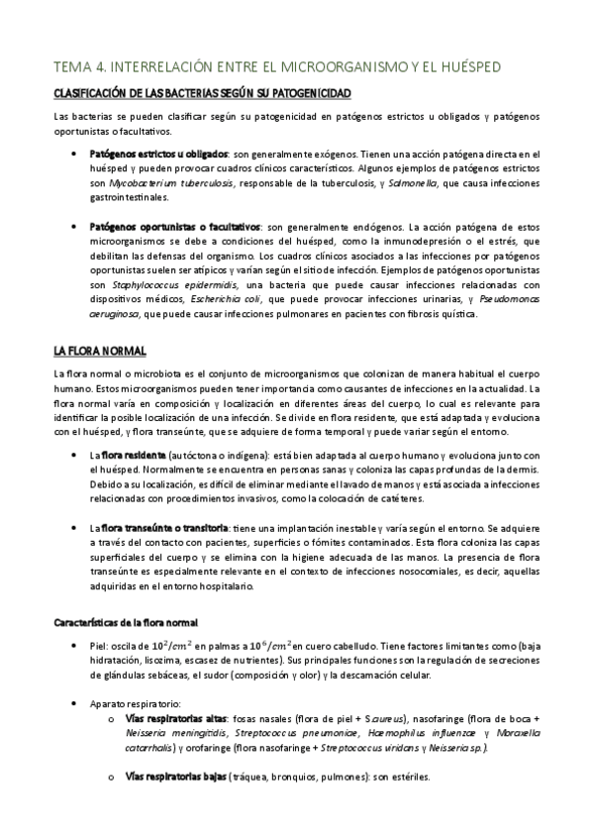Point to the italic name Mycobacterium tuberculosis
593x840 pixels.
[164, 183]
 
